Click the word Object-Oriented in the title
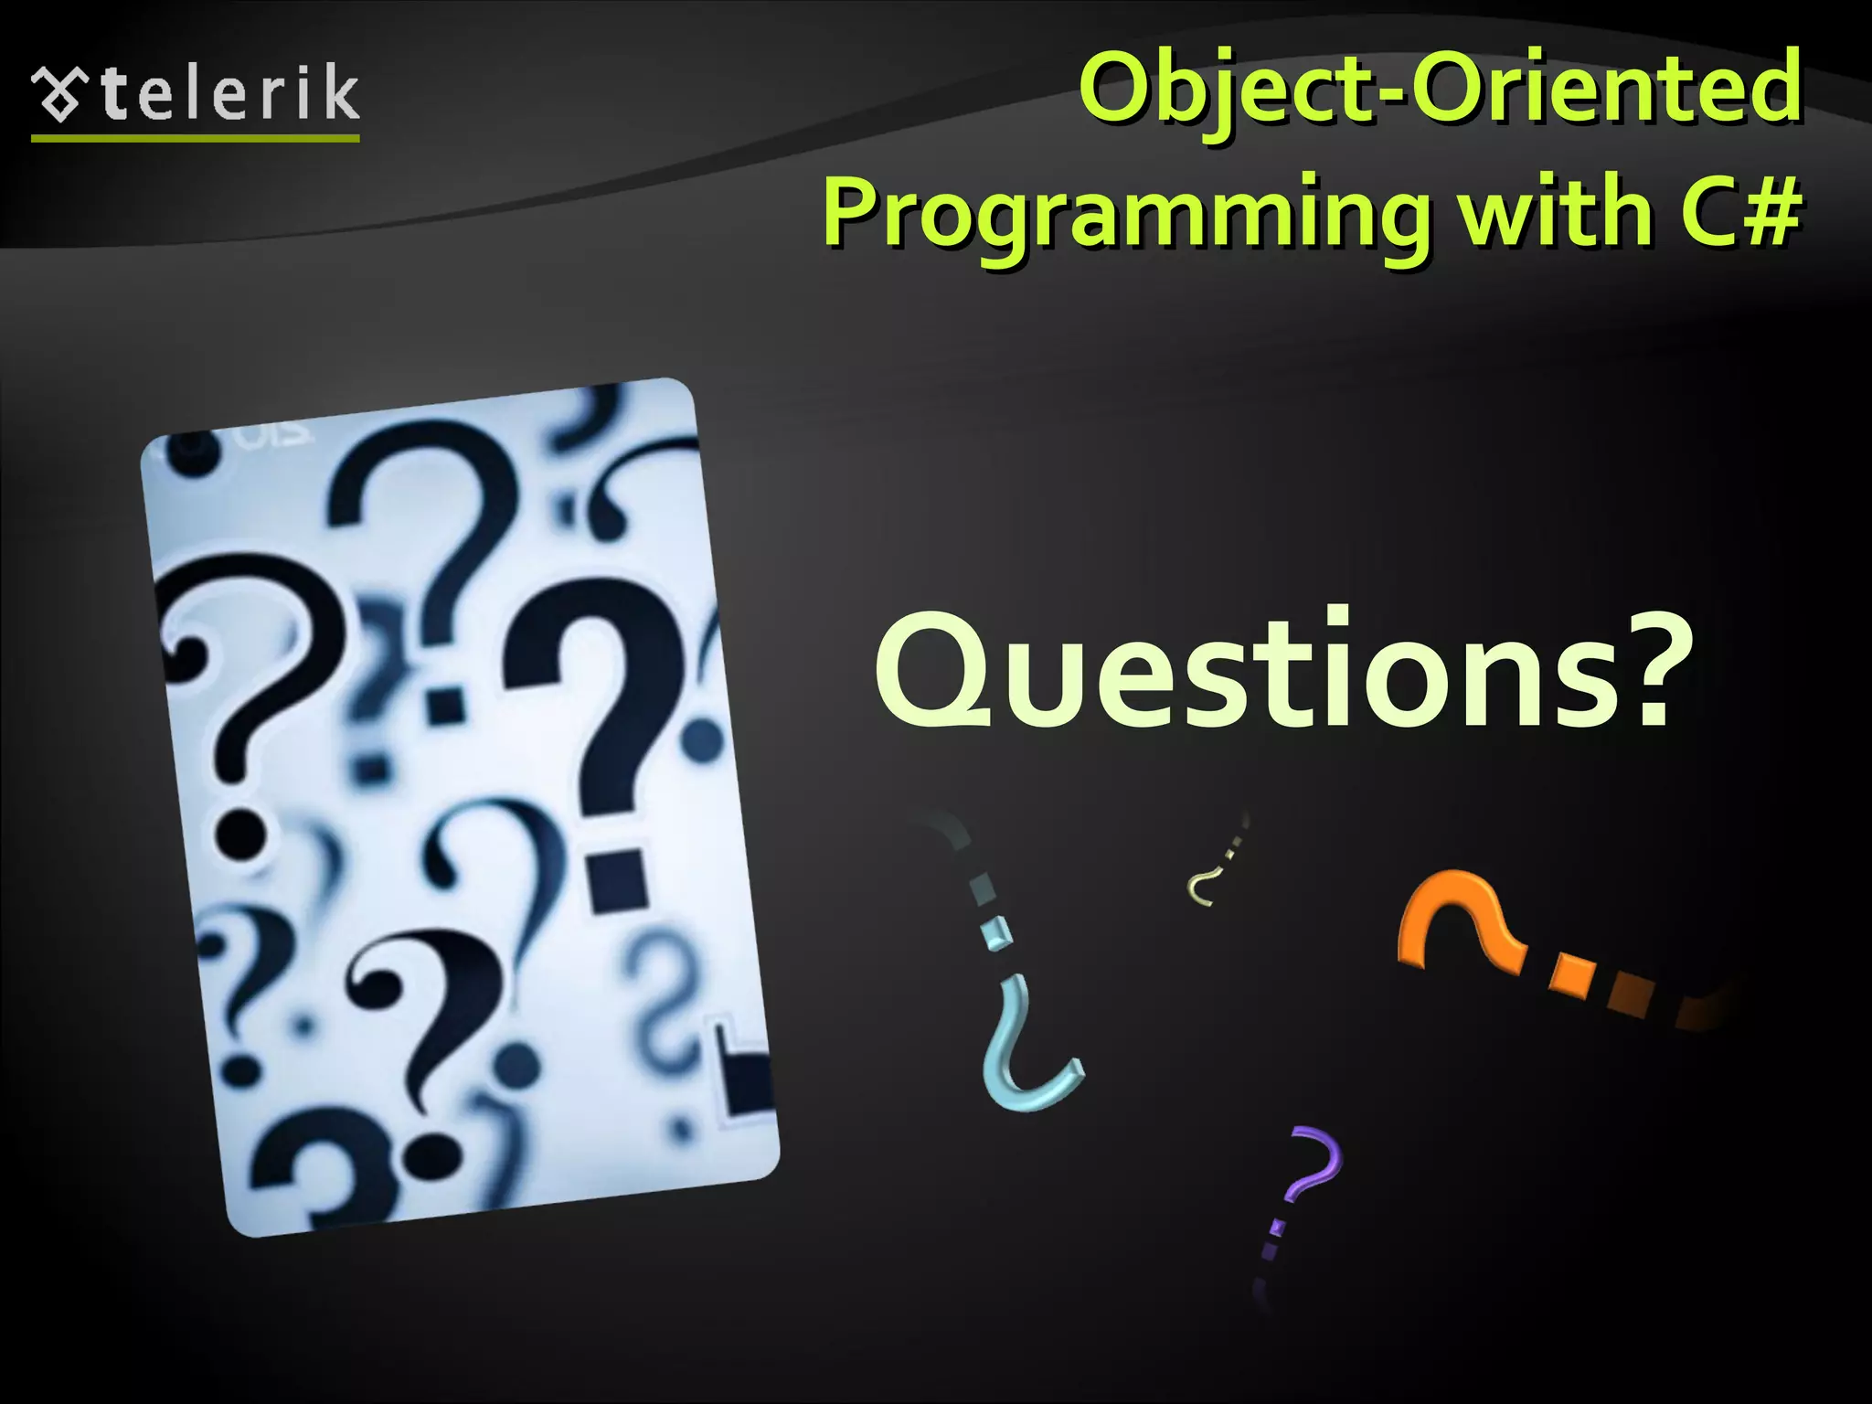pos(1441,89)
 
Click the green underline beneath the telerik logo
pos(195,138)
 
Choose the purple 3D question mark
pos(1312,1170)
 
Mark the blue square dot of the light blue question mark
pos(996,932)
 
